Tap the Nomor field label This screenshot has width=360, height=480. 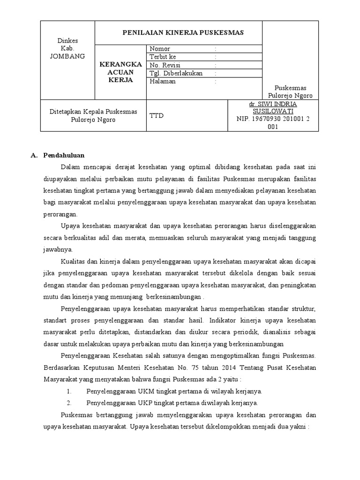(x=160, y=49)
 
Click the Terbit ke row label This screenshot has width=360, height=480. (x=163, y=57)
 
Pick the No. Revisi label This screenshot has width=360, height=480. (x=165, y=65)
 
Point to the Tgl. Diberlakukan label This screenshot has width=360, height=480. (x=176, y=73)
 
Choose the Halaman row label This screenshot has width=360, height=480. (x=162, y=81)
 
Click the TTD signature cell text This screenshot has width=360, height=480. (x=157, y=115)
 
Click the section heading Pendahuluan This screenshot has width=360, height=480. (x=64, y=155)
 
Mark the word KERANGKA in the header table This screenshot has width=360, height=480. (x=120, y=64)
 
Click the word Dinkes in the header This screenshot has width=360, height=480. (x=67, y=40)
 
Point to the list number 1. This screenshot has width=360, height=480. (x=68, y=391)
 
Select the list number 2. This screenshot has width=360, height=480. (x=68, y=403)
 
